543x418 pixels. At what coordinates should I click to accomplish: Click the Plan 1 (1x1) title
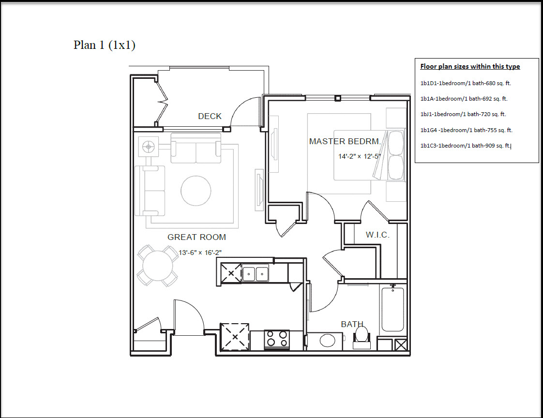104,45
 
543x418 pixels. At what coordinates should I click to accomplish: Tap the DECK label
210,117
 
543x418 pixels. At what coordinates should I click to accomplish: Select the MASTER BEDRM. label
345,141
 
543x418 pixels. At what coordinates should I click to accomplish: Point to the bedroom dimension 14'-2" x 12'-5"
360,156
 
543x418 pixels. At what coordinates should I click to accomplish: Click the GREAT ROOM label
196,237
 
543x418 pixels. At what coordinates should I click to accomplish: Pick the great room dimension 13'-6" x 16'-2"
200,253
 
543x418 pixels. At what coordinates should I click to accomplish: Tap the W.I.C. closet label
377,235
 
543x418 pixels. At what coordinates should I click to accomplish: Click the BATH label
352,324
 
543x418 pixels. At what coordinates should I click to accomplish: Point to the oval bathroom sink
328,341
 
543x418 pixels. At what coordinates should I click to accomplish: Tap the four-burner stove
277,340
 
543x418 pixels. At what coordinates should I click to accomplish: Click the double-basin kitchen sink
255,274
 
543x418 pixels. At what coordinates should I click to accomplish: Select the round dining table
158,266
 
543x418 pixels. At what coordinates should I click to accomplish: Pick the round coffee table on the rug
196,191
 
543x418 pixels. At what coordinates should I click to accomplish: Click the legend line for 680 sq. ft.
466,83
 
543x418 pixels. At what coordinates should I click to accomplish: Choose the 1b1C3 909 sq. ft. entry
466,146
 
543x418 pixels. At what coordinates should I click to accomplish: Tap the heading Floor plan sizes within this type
470,66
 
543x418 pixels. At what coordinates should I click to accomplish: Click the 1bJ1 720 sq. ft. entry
463,114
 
